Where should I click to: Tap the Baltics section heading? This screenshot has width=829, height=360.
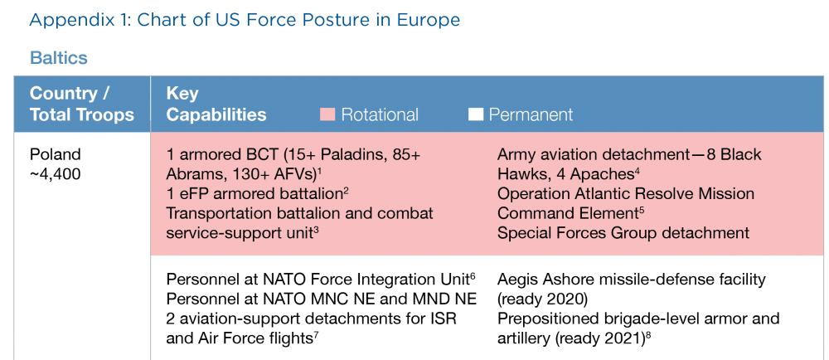(58, 58)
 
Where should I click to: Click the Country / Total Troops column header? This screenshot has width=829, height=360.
(81, 104)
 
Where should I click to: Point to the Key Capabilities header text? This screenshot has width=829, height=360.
(216, 104)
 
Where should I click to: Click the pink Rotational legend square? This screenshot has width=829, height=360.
(327, 114)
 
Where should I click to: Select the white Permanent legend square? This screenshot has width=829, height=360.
(475, 114)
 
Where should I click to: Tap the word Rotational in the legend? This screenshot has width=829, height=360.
(380, 115)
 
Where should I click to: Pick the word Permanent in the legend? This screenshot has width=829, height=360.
(531, 115)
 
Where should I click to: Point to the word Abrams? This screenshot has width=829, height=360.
(193, 175)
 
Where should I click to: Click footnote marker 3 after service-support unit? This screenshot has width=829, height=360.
(316, 229)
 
